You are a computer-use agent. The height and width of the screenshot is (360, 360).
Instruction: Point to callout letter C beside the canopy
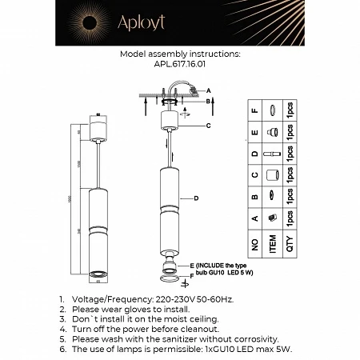tap(208, 126)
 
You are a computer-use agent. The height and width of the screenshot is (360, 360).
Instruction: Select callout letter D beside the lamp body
tap(195, 197)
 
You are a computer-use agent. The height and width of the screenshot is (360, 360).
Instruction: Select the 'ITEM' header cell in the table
tap(273, 240)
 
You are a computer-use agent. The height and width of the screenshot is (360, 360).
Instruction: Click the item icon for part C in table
tap(273, 174)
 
